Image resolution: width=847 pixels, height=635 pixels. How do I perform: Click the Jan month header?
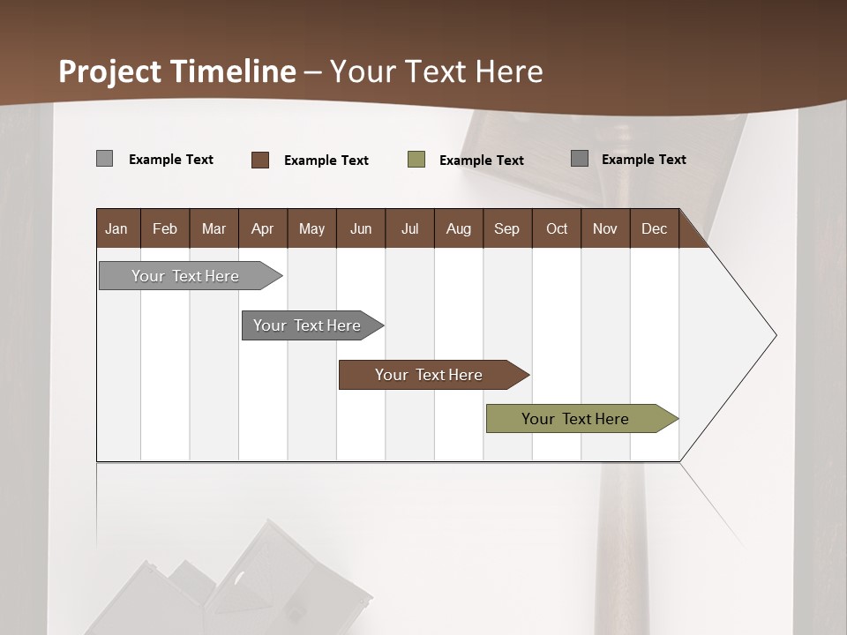click(116, 228)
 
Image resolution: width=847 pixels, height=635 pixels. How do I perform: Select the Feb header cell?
click(165, 228)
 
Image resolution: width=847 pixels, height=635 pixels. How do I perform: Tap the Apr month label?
click(262, 228)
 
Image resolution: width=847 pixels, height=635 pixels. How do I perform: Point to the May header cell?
click(311, 228)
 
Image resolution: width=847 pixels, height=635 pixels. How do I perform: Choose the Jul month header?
click(409, 228)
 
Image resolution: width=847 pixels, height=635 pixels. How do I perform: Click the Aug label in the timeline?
click(458, 228)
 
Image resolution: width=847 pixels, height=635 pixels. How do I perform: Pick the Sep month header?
click(506, 228)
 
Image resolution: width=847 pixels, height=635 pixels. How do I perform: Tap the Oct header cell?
click(557, 228)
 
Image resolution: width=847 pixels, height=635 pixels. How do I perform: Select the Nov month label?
click(604, 228)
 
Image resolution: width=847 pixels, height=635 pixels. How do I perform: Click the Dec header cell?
click(654, 228)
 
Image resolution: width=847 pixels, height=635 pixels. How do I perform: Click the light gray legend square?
click(104, 159)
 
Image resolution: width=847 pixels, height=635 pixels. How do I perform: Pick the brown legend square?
click(260, 160)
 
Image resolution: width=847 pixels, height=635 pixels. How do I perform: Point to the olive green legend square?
click(416, 160)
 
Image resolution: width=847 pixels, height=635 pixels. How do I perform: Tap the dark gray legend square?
click(580, 159)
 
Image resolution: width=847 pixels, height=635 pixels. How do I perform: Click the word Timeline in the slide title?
click(233, 71)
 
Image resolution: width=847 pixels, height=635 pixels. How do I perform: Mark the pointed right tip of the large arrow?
click(775, 335)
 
